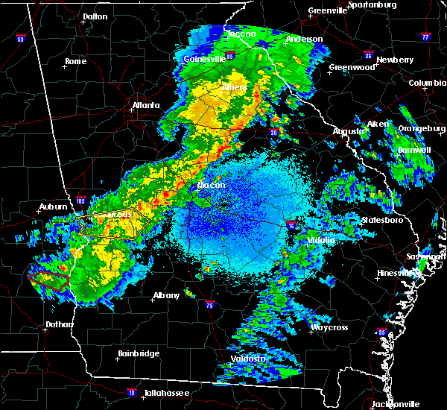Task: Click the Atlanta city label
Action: (x=146, y=105)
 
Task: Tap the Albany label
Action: (x=166, y=295)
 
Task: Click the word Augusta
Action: (x=348, y=131)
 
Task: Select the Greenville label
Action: (x=327, y=11)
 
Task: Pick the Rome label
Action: (x=76, y=61)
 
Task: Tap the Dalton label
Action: (x=95, y=16)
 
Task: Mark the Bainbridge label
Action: (x=139, y=353)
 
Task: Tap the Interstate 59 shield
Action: (x=20, y=39)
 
